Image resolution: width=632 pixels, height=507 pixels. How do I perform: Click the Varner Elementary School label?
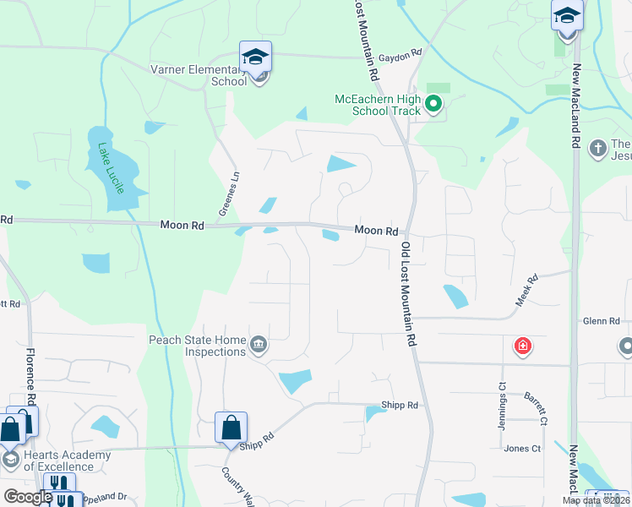[198, 75]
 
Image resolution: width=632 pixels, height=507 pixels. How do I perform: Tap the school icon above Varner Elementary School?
[255, 57]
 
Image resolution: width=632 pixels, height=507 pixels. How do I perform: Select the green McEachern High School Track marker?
[433, 105]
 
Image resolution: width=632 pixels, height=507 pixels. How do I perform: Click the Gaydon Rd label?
[400, 54]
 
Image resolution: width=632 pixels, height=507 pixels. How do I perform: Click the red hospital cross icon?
[523, 346]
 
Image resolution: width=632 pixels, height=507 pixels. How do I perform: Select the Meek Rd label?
[526, 291]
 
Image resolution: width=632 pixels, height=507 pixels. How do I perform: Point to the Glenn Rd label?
[602, 321]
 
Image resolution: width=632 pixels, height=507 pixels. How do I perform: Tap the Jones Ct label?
[521, 449]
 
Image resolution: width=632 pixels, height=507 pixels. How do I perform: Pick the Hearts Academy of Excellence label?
[67, 461]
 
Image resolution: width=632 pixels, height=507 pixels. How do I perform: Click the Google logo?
[27, 496]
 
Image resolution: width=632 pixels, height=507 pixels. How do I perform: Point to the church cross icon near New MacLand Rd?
[598, 149]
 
